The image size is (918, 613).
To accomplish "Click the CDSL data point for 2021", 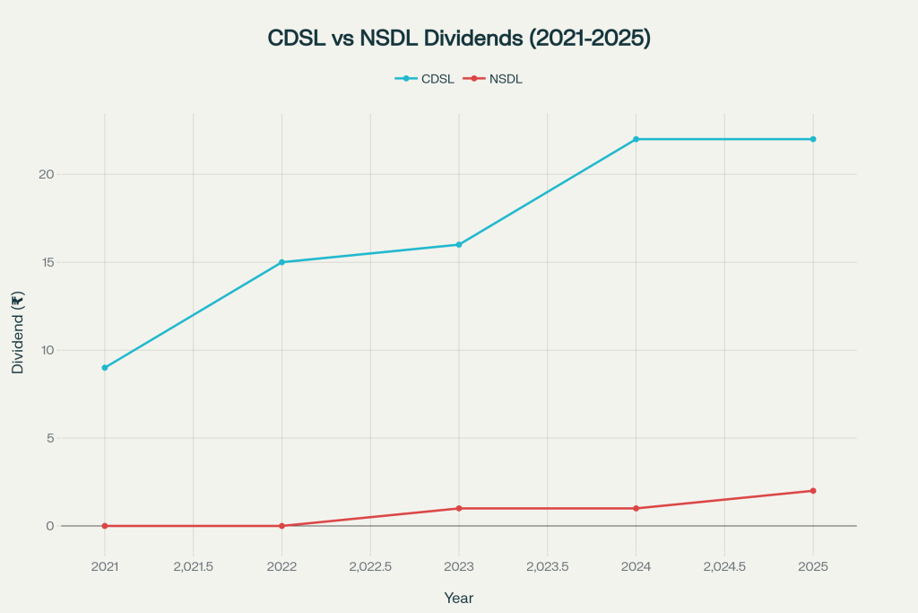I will coord(105,368).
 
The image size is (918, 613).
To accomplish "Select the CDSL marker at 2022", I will coord(281,262).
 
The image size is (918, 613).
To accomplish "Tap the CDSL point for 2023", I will coord(459,244).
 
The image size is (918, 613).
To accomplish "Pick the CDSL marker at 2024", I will coord(636,139).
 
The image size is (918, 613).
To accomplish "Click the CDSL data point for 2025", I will coord(813,139).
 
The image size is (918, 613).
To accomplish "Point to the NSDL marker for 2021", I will coord(105,526).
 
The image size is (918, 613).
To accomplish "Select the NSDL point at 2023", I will coord(459,508).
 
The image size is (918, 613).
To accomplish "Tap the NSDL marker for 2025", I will coord(813,491).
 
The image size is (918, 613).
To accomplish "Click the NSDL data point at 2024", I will coord(636,508).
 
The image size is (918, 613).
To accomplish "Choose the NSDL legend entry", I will coord(493,79).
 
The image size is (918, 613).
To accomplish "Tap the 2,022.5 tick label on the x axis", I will coord(370,567).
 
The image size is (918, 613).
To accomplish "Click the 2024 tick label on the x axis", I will coord(636,567).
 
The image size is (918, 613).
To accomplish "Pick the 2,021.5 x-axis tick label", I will coord(193,567).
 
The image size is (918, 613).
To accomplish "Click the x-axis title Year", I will coord(459,598).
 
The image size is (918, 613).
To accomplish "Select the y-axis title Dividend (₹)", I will coord(17,332).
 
